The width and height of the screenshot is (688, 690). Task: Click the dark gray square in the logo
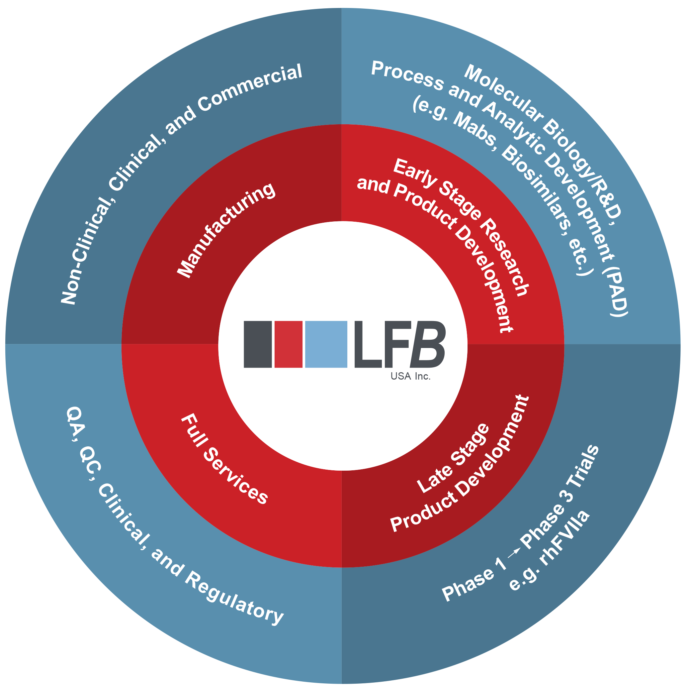pyautogui.click(x=257, y=344)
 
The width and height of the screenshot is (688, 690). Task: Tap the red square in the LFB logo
pyautogui.click(x=288, y=344)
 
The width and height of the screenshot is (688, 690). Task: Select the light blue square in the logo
pyautogui.click(x=326, y=344)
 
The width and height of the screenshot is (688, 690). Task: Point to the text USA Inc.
pyautogui.click(x=410, y=376)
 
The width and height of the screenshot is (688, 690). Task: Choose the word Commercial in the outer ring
pyautogui.click(x=250, y=87)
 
